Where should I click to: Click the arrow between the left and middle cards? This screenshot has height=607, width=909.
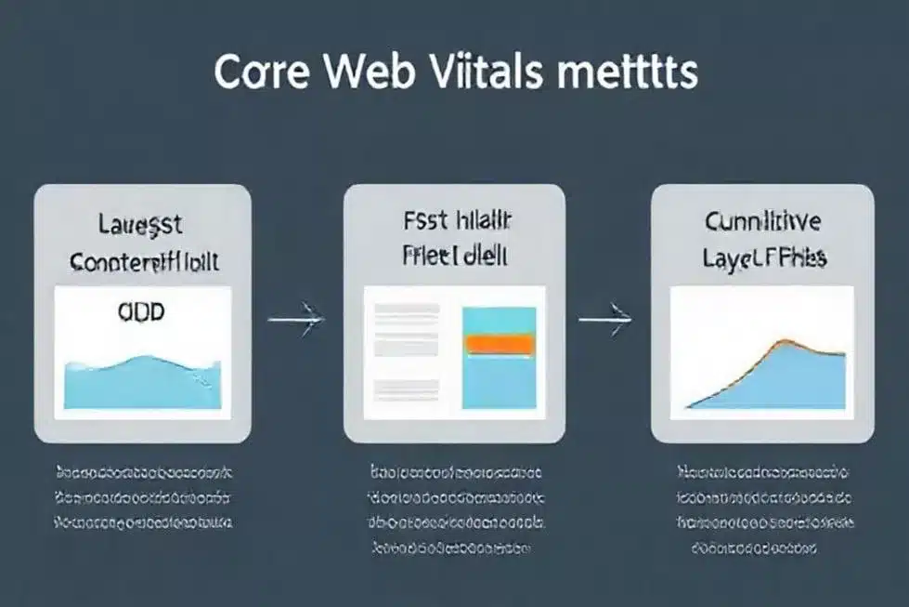tap(295, 321)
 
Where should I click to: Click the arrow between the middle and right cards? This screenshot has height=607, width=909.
tap(605, 321)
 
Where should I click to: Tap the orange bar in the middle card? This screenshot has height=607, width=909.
tap(498, 344)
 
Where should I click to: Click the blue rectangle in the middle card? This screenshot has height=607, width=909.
tap(499, 381)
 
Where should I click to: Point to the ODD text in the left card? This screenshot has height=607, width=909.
tap(141, 311)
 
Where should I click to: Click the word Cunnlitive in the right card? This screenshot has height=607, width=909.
tap(762, 222)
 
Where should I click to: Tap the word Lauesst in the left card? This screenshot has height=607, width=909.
tap(141, 224)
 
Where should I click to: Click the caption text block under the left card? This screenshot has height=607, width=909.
tap(143, 496)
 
